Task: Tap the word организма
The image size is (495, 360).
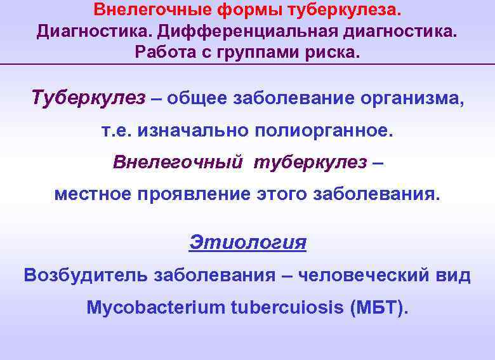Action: pyautogui.click(x=411, y=99)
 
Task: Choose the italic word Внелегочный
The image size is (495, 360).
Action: pyautogui.click(x=178, y=163)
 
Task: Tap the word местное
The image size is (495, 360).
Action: pyautogui.click(x=93, y=194)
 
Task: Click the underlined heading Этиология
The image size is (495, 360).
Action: pyautogui.click(x=247, y=242)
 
